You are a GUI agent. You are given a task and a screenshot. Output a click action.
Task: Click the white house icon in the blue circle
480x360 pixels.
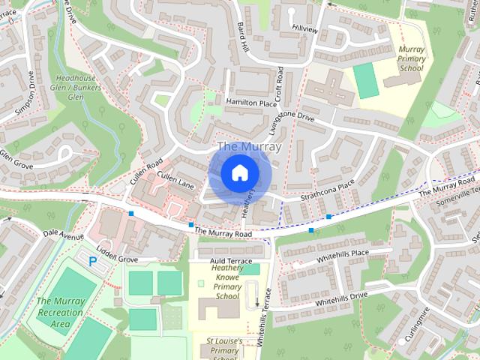238,172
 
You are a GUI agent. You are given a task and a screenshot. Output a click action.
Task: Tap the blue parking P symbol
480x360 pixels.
93,262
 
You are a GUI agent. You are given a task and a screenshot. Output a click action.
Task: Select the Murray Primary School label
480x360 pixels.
412,58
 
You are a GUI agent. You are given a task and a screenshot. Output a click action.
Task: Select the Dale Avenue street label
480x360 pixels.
63,235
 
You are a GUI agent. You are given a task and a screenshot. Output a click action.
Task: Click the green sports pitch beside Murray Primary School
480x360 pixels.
366,80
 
